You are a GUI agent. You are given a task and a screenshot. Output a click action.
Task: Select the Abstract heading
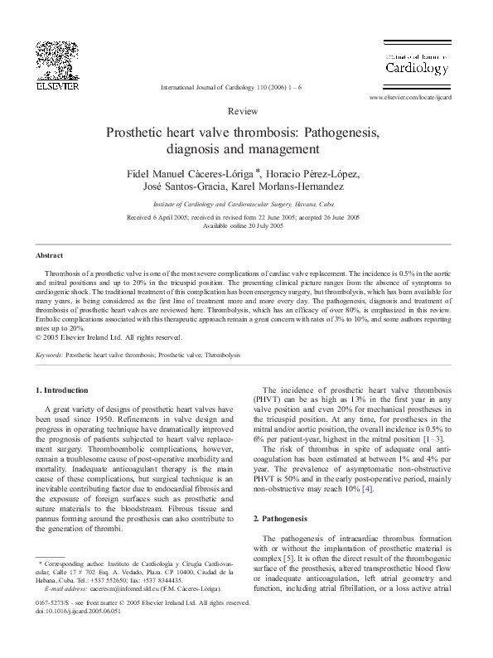click(50, 255)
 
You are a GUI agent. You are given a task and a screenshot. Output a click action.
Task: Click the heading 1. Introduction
click(65, 389)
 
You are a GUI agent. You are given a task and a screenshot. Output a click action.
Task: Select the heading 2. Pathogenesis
click(279, 518)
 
